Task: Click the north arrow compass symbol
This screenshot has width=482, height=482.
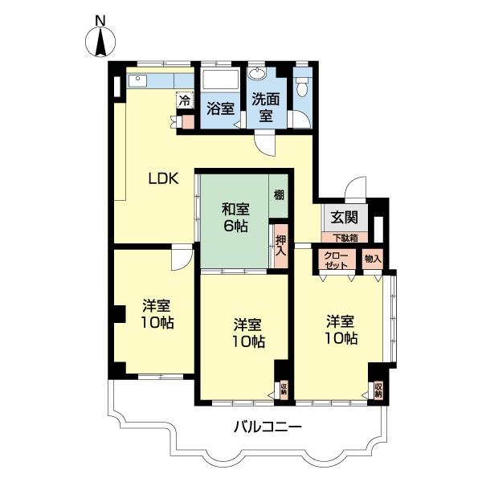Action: tap(100, 42)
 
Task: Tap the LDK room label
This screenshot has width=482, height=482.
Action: tap(164, 178)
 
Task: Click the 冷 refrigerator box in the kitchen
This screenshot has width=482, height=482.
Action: tap(185, 100)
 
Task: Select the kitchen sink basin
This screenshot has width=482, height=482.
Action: tap(137, 81)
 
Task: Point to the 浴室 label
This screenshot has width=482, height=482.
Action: tap(221, 108)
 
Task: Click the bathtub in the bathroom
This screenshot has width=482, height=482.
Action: tap(221, 80)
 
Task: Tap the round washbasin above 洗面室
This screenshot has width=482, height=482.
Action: tap(258, 73)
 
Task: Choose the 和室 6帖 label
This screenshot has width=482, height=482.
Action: tap(235, 218)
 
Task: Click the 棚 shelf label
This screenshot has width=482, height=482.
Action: tap(279, 194)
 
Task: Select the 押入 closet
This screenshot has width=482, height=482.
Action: tap(281, 246)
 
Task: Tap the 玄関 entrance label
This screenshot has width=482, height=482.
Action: tap(345, 218)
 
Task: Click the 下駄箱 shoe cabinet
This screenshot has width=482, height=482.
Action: tap(345, 238)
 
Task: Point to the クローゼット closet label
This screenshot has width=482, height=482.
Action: tap(336, 260)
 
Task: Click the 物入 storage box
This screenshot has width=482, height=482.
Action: tap(373, 259)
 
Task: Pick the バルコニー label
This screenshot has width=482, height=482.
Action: tap(268, 427)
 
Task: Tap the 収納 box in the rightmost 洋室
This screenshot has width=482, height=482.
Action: tap(378, 390)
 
